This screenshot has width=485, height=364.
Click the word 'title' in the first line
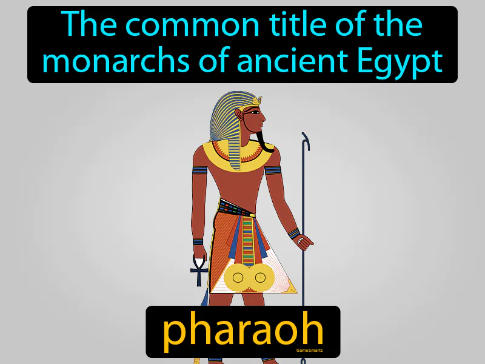284,24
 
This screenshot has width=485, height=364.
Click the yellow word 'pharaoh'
242,331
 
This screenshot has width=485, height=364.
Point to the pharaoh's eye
255,113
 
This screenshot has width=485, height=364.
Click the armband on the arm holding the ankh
200,170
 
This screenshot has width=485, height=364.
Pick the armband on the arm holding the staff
273,170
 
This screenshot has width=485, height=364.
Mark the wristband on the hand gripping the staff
294,233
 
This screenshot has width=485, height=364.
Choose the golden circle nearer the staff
261,278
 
